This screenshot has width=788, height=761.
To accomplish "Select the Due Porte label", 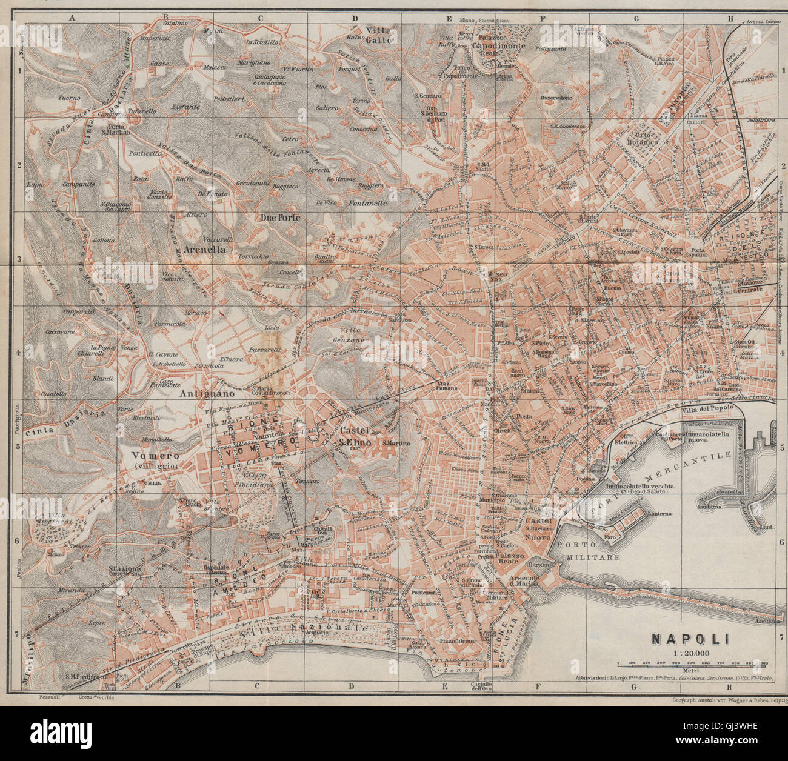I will (279, 216).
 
